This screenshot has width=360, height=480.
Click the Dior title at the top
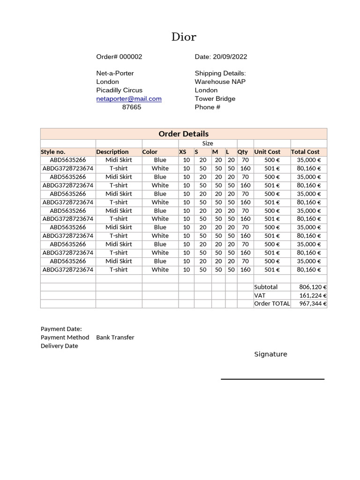184,37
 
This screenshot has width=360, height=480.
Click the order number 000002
130,57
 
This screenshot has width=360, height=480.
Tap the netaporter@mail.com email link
129,99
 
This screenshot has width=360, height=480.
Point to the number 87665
131,107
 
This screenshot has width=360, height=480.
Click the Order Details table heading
183,134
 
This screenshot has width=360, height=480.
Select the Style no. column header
53,152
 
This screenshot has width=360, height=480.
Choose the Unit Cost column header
267,152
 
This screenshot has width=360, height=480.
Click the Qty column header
242,152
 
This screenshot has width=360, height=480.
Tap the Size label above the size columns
208,143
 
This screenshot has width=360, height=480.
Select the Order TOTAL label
272,304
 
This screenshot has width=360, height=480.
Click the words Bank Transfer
115,337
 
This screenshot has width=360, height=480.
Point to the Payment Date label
61,329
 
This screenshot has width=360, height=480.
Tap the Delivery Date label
59,346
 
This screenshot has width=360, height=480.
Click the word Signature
270,354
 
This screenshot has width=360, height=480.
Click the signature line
272,379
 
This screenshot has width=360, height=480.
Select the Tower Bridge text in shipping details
215,99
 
